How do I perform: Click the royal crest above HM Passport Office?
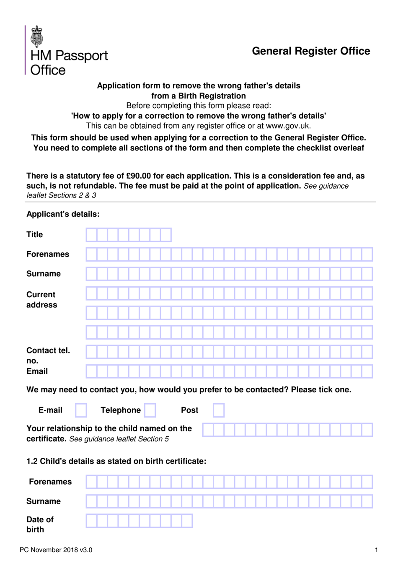[x=37, y=36]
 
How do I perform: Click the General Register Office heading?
[x=311, y=51]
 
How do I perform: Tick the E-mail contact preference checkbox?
[x=81, y=410]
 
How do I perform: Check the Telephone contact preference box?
[x=150, y=410]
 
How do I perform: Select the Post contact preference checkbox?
[x=218, y=410]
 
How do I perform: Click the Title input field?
[x=129, y=235]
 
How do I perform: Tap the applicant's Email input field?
[x=229, y=371]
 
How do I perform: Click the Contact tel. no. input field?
[x=229, y=352]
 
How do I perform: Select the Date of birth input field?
[x=139, y=521]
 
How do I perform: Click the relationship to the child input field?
[x=287, y=430]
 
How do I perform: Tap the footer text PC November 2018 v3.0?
[x=56, y=550]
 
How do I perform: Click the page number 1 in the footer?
[x=376, y=550]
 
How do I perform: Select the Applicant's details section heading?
[x=63, y=214]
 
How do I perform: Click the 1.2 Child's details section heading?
[x=116, y=461]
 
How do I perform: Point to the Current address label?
[x=41, y=300]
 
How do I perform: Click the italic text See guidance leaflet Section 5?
[x=119, y=439]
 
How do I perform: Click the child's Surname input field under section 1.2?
[x=229, y=501]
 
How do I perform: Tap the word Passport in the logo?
[x=81, y=55]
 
